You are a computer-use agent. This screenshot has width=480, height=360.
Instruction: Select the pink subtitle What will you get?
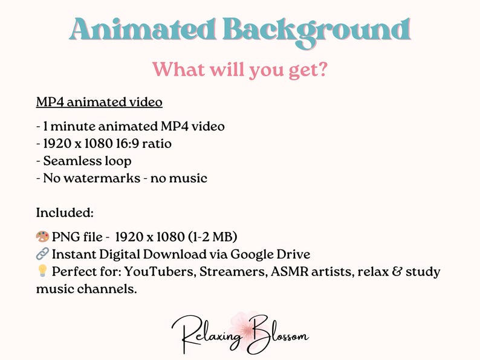coord(240,69)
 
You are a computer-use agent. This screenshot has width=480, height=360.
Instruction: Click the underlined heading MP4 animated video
coord(99,102)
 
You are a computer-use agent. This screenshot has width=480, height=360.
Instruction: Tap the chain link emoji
coord(42,254)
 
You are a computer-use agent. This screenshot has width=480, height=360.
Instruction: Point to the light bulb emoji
coord(42,272)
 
